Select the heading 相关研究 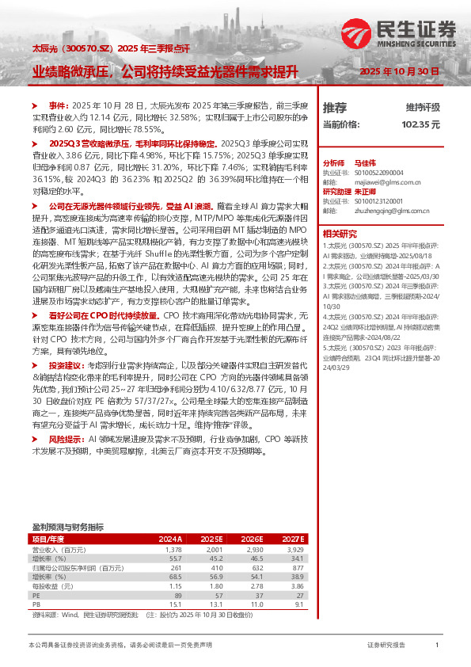(x=340, y=234)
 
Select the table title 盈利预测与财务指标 (x=67, y=526)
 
